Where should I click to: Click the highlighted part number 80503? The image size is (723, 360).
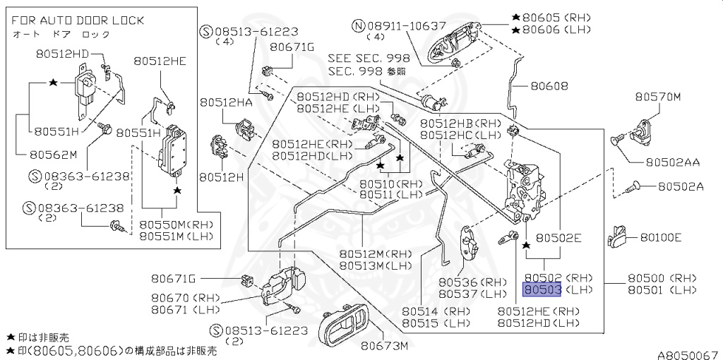tap(541, 289)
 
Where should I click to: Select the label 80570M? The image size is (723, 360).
tap(657, 97)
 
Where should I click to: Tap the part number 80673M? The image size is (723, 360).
tap(385, 346)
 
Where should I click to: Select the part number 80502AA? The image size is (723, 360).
tap(671, 162)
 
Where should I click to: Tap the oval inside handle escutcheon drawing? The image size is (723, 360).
tap(344, 329)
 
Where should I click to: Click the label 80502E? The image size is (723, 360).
tap(558, 239)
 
